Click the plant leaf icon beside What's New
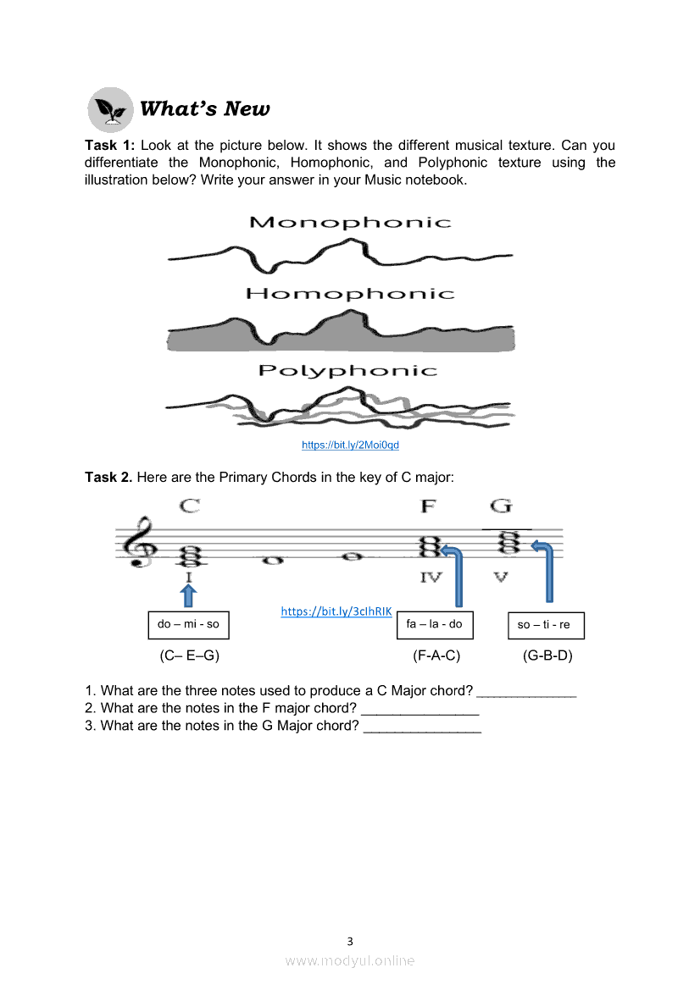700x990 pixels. pos(110,110)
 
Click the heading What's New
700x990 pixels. pos(205,108)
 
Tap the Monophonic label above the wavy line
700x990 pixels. pos(350,222)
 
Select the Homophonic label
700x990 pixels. pos(350,294)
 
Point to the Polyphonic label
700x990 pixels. pos(347,371)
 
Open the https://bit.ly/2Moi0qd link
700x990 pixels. pos(350,445)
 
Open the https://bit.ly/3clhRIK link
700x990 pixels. pos(336,611)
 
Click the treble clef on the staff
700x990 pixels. pos(141,542)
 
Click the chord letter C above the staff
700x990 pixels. pos(190,506)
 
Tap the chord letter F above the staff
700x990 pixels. pos(428,506)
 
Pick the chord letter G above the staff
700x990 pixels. pos(501,506)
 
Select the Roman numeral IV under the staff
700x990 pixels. pos(431,577)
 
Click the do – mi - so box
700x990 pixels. pos(188,625)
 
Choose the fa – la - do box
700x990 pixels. pos(435,625)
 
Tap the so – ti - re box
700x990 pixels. pos(546,626)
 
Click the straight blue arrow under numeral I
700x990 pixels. pos(188,596)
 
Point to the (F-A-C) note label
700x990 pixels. pos(436,655)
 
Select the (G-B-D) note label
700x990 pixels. pos(547,655)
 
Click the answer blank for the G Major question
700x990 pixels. pos(423,731)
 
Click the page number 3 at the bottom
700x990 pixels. pos(350,942)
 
